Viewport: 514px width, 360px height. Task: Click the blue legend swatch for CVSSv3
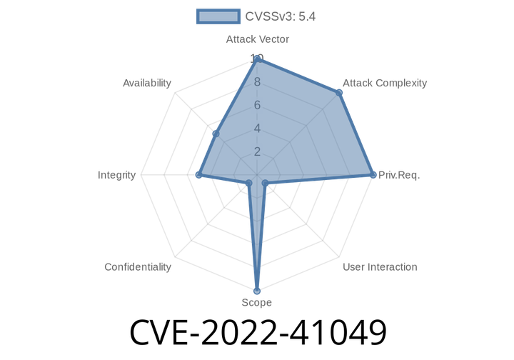pos(218,16)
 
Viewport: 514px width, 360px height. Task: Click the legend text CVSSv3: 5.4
pos(280,16)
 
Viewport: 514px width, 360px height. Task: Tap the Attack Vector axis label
pos(257,39)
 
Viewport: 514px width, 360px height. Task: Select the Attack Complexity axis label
pos(385,83)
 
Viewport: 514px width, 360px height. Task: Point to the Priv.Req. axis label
pos(399,175)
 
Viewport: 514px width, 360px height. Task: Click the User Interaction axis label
pos(380,267)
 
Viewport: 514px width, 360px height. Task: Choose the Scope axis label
pos(256,303)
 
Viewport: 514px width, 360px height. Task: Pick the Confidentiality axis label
pos(138,267)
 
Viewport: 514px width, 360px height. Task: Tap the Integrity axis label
pos(117,175)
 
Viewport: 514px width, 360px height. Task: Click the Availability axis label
pos(147,83)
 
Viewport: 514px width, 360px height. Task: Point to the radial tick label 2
pos(257,151)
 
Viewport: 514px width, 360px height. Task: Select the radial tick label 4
pos(257,129)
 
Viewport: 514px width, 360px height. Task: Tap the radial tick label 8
pos(257,82)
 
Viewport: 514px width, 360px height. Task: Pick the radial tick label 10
pos(257,59)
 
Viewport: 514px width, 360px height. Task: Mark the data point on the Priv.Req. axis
pos(373,175)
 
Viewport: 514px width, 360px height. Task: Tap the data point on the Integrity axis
pos(198,175)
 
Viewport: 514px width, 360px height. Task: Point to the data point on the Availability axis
pos(213,134)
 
